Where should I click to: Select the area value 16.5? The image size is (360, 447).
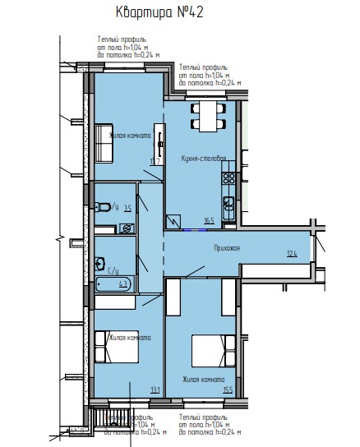[210, 219]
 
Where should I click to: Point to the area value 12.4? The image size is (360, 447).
[292, 255]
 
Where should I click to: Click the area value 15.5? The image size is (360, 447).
[228, 389]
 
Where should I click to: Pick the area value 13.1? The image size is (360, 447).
[154, 389]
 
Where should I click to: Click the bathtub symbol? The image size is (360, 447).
[113, 285]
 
